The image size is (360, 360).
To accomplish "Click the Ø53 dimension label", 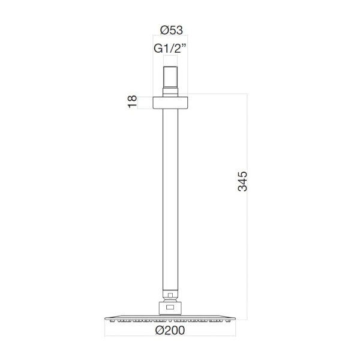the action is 172,30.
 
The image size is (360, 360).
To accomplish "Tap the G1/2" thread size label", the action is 170,49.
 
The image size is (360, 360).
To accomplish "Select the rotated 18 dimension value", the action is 132,101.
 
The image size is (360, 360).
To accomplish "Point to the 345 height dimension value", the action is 242,181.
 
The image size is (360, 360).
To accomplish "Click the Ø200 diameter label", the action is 170,331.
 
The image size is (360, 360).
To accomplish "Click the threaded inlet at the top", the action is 170,77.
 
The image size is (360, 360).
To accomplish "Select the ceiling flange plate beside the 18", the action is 170,103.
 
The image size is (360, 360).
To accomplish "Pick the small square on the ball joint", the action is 170,295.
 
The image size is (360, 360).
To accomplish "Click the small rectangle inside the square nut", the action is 170,307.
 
